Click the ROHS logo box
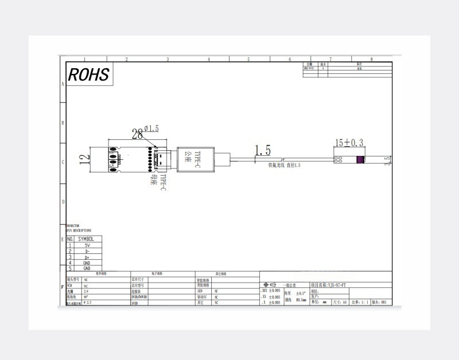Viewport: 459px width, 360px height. (x=88, y=75)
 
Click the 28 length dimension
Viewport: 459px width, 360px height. (x=138, y=134)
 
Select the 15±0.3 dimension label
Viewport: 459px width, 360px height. (x=349, y=142)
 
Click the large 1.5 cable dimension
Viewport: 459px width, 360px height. (x=262, y=150)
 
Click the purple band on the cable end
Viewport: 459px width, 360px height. (x=360, y=161)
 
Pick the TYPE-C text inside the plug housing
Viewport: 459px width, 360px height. (x=196, y=158)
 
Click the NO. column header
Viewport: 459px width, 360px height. (x=70, y=238)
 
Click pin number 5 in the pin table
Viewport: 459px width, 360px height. (x=70, y=268)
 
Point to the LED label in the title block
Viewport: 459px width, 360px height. (x=200, y=291)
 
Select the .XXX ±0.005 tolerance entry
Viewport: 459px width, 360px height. (x=270, y=291)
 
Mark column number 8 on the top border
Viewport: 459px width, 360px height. (x=371, y=59)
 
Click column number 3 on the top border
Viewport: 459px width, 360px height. (x=168, y=59)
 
